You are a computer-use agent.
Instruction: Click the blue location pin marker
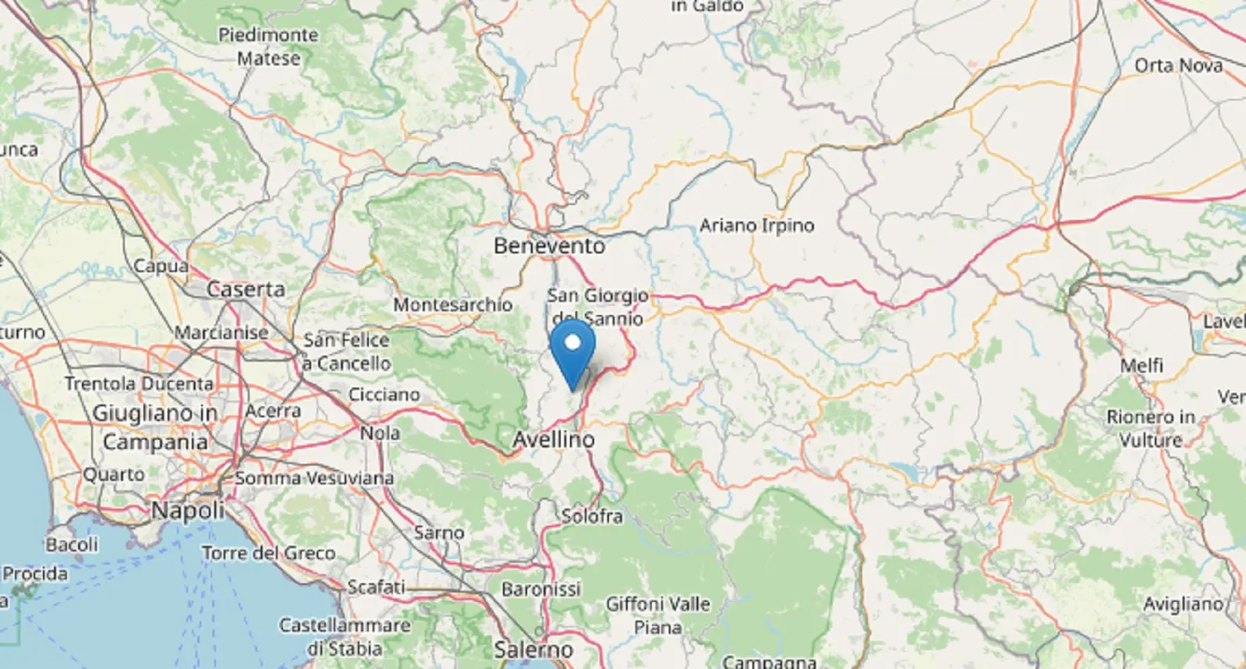tap(572, 347)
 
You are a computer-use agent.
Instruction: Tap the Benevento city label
tap(549, 246)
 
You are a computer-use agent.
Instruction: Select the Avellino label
tap(554, 440)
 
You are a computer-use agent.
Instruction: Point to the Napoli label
tap(188, 511)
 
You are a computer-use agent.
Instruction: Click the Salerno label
tap(533, 649)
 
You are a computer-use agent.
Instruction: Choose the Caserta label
tap(246, 289)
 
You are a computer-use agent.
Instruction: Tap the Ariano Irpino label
tap(756, 225)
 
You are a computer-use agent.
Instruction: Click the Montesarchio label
tap(452, 305)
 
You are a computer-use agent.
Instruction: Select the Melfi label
tap(1142, 366)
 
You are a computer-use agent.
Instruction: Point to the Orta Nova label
tap(1178, 65)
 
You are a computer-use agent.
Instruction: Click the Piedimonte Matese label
tap(268, 47)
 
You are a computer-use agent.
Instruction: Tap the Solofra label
tap(592, 516)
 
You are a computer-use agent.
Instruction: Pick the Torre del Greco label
tap(269, 554)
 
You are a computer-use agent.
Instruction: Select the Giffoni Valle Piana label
tap(658, 615)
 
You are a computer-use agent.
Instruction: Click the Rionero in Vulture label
tap(1151, 429)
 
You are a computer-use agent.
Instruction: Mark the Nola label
tap(380, 433)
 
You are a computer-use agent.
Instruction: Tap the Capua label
tap(161, 267)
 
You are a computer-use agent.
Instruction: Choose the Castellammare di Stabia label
tap(345, 637)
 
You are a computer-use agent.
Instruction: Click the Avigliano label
tap(1183, 604)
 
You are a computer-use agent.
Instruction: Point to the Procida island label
tap(35, 575)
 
